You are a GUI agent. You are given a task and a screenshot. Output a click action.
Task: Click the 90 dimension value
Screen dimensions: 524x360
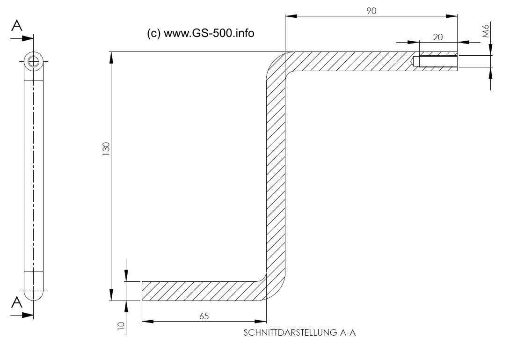tap(371, 11)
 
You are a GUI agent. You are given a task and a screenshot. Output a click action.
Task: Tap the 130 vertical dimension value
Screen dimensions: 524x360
tap(106, 149)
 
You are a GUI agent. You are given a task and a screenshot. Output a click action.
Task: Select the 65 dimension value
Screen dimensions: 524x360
tap(204, 316)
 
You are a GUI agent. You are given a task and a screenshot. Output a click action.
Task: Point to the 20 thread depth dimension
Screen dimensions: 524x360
tap(438, 37)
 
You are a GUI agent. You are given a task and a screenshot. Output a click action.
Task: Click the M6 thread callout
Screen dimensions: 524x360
tap(486, 30)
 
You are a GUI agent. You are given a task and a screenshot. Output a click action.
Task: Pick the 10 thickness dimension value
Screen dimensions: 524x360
tap(121, 326)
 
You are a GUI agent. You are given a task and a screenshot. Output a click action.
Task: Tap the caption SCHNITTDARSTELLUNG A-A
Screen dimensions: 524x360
tap(299, 333)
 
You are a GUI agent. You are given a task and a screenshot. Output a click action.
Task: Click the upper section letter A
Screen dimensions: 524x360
tap(17, 25)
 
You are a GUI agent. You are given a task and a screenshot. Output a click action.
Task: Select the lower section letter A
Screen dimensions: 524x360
tap(17, 302)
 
